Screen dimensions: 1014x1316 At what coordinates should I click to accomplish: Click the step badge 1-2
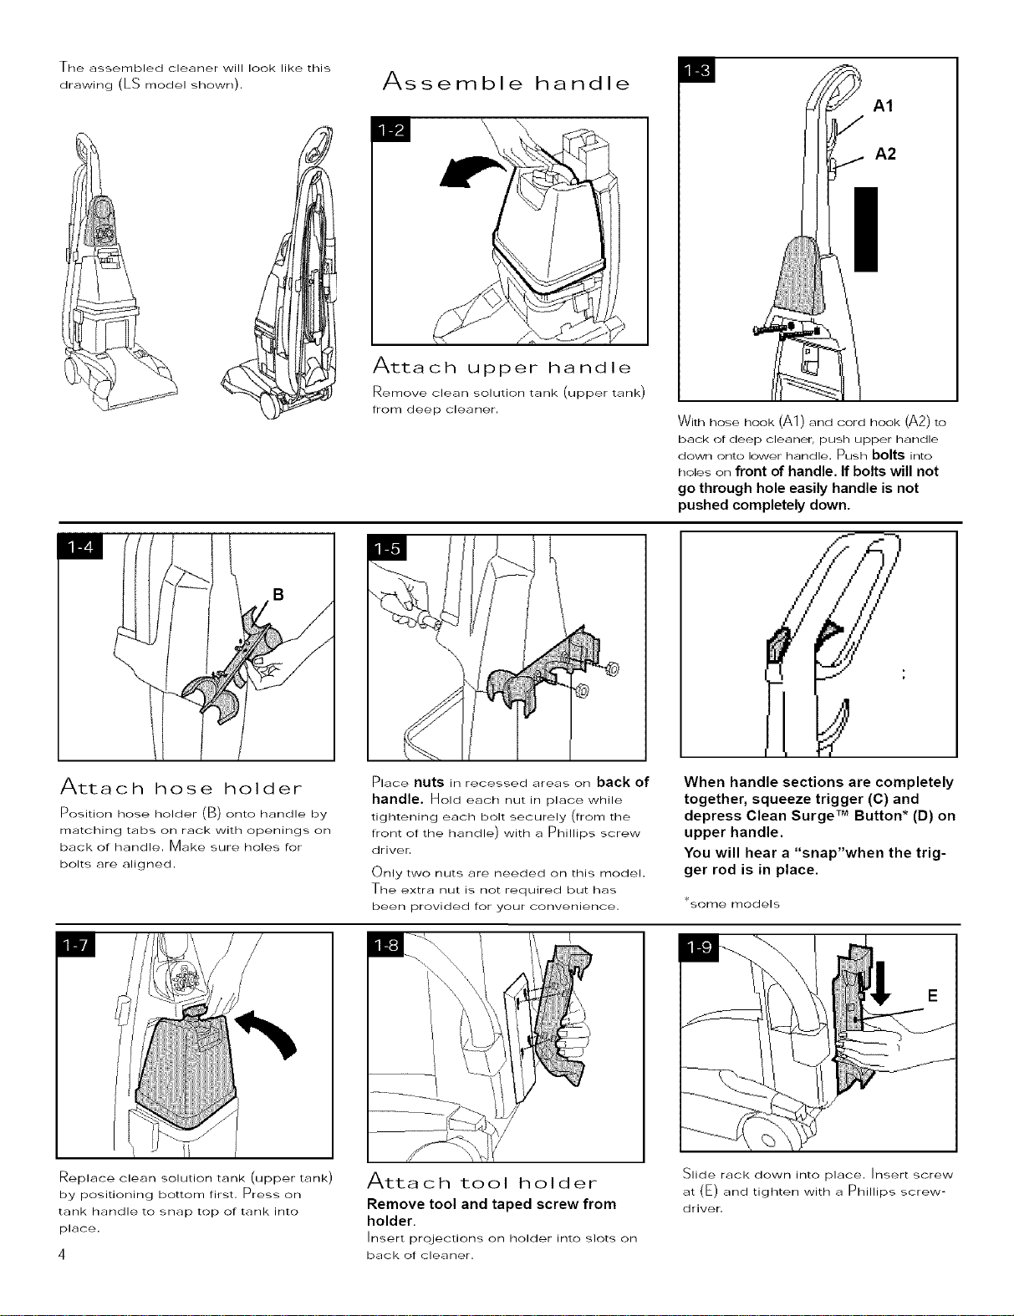coord(390,129)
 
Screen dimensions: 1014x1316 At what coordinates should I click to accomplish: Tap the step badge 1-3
coord(696,69)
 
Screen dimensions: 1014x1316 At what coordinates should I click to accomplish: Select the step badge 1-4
coord(80,547)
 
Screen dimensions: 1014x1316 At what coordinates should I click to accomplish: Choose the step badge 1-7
coord(76,946)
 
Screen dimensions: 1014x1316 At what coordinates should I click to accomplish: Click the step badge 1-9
coord(701,948)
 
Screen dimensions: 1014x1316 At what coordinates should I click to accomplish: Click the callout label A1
coord(883,106)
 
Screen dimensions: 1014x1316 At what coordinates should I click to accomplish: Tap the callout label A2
coord(885,154)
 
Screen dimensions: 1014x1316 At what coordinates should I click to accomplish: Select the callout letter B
coord(278,595)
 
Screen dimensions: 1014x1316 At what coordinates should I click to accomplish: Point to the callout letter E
coord(933,996)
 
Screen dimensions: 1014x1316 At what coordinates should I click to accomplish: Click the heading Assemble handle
coord(507,83)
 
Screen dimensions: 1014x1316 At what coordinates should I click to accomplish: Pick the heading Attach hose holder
coord(181,787)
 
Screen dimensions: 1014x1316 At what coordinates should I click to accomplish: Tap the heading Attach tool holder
coord(482,1182)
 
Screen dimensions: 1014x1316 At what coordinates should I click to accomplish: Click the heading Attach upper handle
coord(502,367)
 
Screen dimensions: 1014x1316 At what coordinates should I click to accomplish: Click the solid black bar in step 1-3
coord(865,229)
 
